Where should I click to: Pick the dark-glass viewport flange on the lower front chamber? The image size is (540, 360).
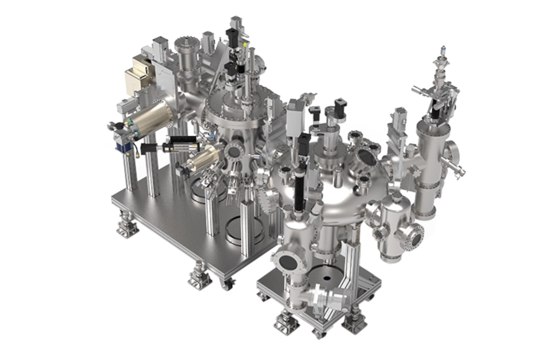point(287,262)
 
